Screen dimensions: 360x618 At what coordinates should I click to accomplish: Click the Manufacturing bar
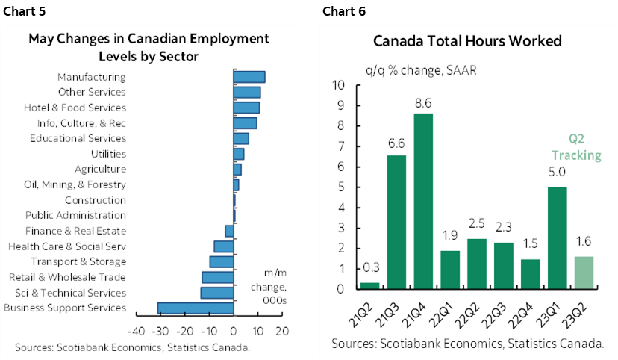tap(249, 77)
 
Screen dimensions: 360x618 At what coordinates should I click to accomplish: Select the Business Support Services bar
tap(196, 308)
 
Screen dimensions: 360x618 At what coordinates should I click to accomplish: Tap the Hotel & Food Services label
tap(75, 108)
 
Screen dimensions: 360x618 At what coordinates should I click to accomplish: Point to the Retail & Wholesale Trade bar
tap(218, 277)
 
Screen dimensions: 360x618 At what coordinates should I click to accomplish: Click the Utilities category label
tap(108, 154)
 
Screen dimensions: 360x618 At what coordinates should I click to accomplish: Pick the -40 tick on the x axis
tap(136, 332)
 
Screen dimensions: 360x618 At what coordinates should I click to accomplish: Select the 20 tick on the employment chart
tap(282, 332)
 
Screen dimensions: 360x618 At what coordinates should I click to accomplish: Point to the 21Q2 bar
tap(369, 285)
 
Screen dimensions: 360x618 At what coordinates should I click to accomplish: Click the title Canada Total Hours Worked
tap(467, 41)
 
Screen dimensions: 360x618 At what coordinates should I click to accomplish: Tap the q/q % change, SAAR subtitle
tap(421, 70)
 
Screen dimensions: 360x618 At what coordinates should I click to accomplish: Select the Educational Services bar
tap(241, 138)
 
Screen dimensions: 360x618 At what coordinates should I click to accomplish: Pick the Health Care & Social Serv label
tap(67, 246)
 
